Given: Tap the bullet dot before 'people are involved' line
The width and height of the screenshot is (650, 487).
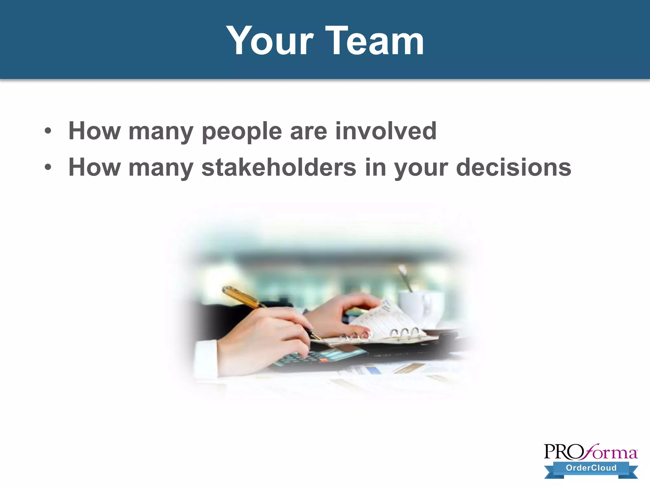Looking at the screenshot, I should pos(48,131).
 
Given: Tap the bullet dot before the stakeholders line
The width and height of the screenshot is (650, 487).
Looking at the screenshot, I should pos(48,167).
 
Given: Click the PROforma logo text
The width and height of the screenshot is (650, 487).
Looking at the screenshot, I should pos(590,452).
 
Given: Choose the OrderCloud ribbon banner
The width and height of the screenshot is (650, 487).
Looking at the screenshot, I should pos(591,468).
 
